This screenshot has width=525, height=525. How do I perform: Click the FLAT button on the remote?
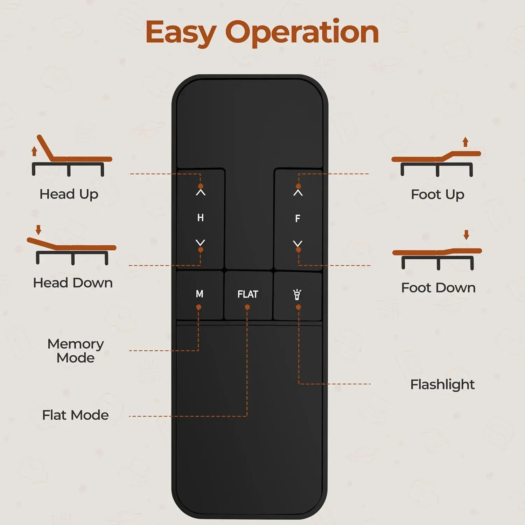[248, 294]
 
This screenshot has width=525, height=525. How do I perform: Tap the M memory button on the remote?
[199, 294]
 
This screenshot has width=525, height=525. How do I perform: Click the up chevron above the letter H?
[201, 192]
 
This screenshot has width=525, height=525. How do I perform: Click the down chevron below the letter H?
[201, 243]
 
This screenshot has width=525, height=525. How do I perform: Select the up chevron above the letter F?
[298, 192]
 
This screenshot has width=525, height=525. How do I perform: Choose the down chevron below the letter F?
[298, 243]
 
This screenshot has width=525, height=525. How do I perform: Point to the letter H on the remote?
[200, 218]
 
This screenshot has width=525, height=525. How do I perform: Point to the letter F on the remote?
[297, 218]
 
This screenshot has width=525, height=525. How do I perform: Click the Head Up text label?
[69, 194]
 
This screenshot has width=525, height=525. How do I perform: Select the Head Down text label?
[73, 283]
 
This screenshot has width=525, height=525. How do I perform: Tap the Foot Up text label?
[437, 195]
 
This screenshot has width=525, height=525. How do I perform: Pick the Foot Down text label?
[438, 288]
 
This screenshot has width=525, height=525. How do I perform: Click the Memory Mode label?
[76, 351]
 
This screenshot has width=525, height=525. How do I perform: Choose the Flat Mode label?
[75, 415]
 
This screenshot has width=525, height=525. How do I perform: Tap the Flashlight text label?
[442, 384]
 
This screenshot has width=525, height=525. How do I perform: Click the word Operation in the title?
[304, 32]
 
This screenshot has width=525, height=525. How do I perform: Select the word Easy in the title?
[181, 32]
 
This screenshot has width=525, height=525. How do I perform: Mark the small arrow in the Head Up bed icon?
[34, 151]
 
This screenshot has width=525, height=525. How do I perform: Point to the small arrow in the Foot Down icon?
[466, 234]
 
